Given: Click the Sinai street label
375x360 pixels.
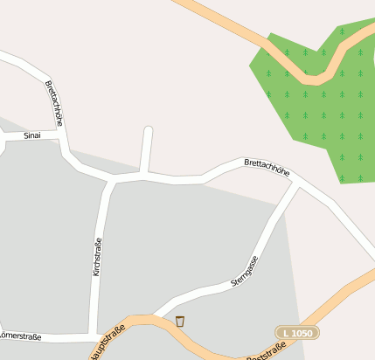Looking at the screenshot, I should pyautogui.click(x=32, y=135).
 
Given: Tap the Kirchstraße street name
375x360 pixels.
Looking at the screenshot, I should pyautogui.click(x=97, y=257).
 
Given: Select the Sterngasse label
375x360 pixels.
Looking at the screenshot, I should pyautogui.click(x=244, y=272).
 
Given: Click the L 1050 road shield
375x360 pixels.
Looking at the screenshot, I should pyautogui.click(x=296, y=333).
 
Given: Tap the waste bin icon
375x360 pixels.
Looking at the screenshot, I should pyautogui.click(x=180, y=321).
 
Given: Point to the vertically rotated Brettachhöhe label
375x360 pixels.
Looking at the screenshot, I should pyautogui.click(x=53, y=104).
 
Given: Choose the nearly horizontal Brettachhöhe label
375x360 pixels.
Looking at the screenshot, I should pyautogui.click(x=267, y=167).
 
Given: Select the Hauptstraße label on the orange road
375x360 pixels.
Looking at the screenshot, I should pyautogui.click(x=106, y=343).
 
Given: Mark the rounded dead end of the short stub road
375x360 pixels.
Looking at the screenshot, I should pyautogui.click(x=148, y=132).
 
